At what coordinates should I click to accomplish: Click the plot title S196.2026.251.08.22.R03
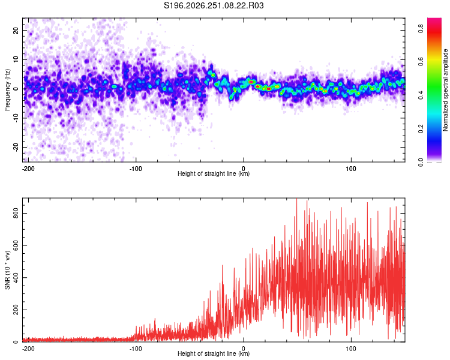(214, 5)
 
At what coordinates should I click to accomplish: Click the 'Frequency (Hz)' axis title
(7, 90)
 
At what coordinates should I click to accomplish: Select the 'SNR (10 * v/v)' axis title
(7, 270)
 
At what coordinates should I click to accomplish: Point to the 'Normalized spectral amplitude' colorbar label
(445, 90)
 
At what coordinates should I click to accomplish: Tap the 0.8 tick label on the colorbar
(421, 28)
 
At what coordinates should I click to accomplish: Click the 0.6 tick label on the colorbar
(421, 62)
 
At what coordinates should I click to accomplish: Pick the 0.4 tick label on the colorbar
(421, 95)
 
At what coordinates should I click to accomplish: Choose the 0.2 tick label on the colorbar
(421, 129)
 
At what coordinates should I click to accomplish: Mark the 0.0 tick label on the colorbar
(421, 162)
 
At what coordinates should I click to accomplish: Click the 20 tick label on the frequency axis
(16, 30)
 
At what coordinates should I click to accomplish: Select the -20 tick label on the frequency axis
(16, 147)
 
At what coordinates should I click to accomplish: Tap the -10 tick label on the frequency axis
(16, 118)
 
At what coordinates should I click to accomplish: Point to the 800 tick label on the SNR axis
(16, 214)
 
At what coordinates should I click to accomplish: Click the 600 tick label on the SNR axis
(16, 245)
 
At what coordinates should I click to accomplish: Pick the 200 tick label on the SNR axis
(16, 310)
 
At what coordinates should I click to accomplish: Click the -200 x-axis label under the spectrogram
(28, 169)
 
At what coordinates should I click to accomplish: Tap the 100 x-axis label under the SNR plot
(351, 349)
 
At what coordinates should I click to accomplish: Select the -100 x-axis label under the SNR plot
(136, 349)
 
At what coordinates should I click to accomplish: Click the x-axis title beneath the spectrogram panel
(214, 173)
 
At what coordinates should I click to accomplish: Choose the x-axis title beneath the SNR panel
(214, 353)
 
